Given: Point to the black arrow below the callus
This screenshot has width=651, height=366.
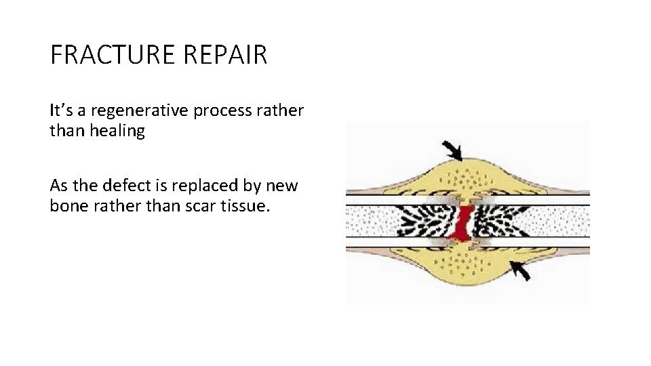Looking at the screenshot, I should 520,270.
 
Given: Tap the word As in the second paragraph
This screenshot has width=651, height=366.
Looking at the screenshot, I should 59,185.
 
